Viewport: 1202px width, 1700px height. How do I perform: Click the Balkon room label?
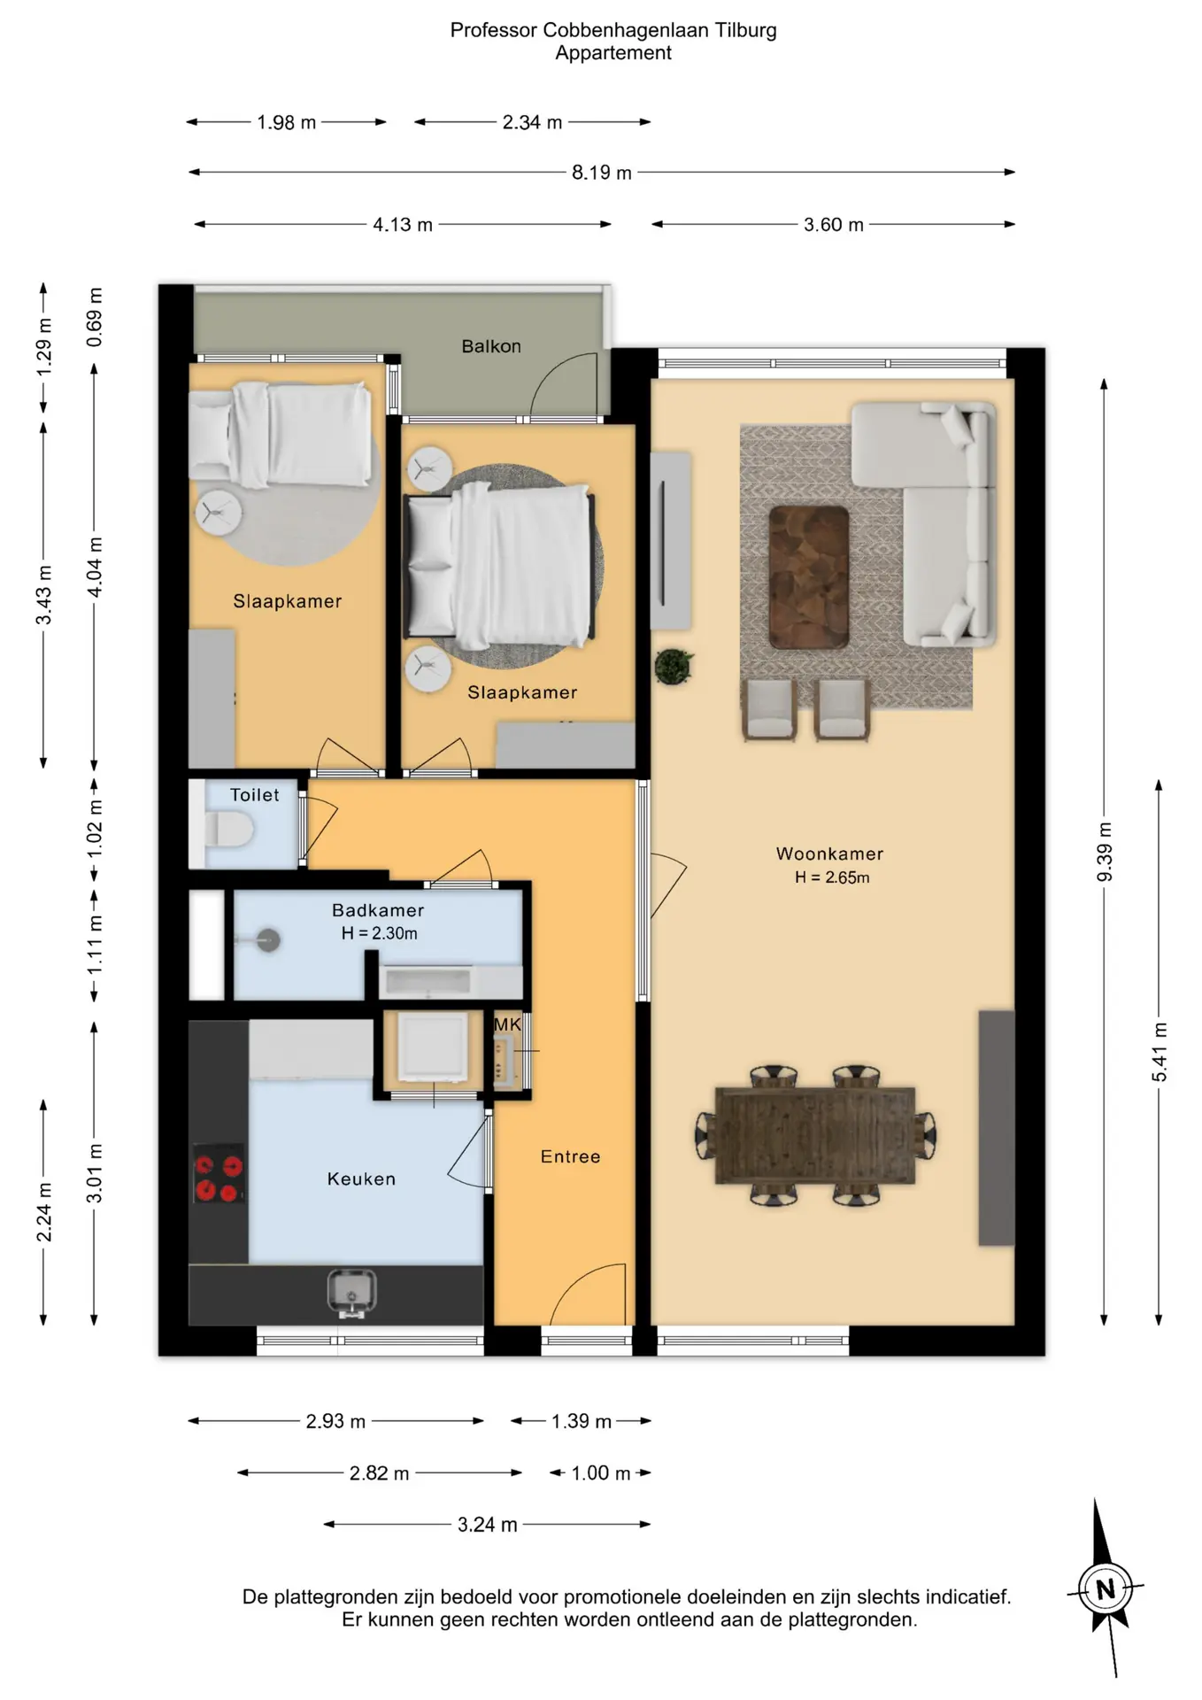pyautogui.click(x=491, y=346)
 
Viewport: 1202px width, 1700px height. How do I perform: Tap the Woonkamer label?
pyautogui.click(x=830, y=854)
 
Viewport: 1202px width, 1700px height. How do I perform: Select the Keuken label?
pyautogui.click(x=361, y=1178)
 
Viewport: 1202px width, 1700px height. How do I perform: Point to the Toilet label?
pyautogui.click(x=255, y=795)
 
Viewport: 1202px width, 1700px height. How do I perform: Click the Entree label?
pyautogui.click(x=571, y=1156)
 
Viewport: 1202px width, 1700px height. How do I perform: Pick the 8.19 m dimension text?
pyautogui.click(x=602, y=173)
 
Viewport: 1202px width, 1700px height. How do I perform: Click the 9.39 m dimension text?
pyautogui.click(x=1105, y=852)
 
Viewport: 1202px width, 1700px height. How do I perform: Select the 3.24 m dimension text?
pyautogui.click(x=488, y=1525)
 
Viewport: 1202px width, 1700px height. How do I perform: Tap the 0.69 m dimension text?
pyautogui.click(x=95, y=317)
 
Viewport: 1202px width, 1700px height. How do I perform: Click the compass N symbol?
pyautogui.click(x=1106, y=1589)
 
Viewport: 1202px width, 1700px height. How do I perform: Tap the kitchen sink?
pyautogui.click(x=352, y=1294)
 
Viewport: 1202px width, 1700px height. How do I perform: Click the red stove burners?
pyautogui.click(x=219, y=1174)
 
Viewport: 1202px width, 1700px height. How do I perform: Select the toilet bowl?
pyautogui.click(x=229, y=831)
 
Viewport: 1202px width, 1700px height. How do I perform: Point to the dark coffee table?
pyautogui.click(x=808, y=576)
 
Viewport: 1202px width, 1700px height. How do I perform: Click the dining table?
pyautogui.click(x=815, y=1135)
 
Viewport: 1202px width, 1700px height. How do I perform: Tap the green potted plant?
pyautogui.click(x=674, y=667)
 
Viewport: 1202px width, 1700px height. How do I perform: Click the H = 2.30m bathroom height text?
pyautogui.click(x=380, y=933)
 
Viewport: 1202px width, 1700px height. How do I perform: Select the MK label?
pyautogui.click(x=507, y=1024)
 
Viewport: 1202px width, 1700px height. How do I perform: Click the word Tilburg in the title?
pyautogui.click(x=746, y=30)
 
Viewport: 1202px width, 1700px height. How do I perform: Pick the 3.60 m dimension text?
pyautogui.click(x=834, y=225)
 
